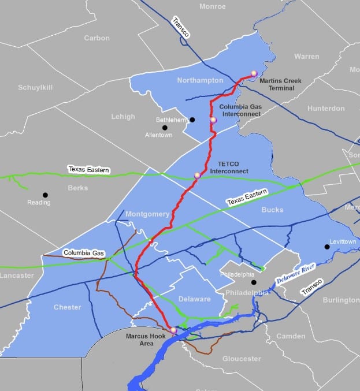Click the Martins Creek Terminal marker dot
[254, 73]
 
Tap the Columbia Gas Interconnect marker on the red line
[213, 120]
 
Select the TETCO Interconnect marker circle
[197, 174]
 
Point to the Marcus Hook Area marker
[173, 330]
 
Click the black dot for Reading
[45, 195]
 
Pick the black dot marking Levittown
[326, 247]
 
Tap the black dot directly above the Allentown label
[165, 128]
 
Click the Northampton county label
[201, 80]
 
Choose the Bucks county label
[272, 210]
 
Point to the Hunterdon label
[326, 108]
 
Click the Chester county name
[67, 307]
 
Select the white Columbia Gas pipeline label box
[84, 253]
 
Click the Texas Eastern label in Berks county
[88, 170]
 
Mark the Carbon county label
[97, 38]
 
